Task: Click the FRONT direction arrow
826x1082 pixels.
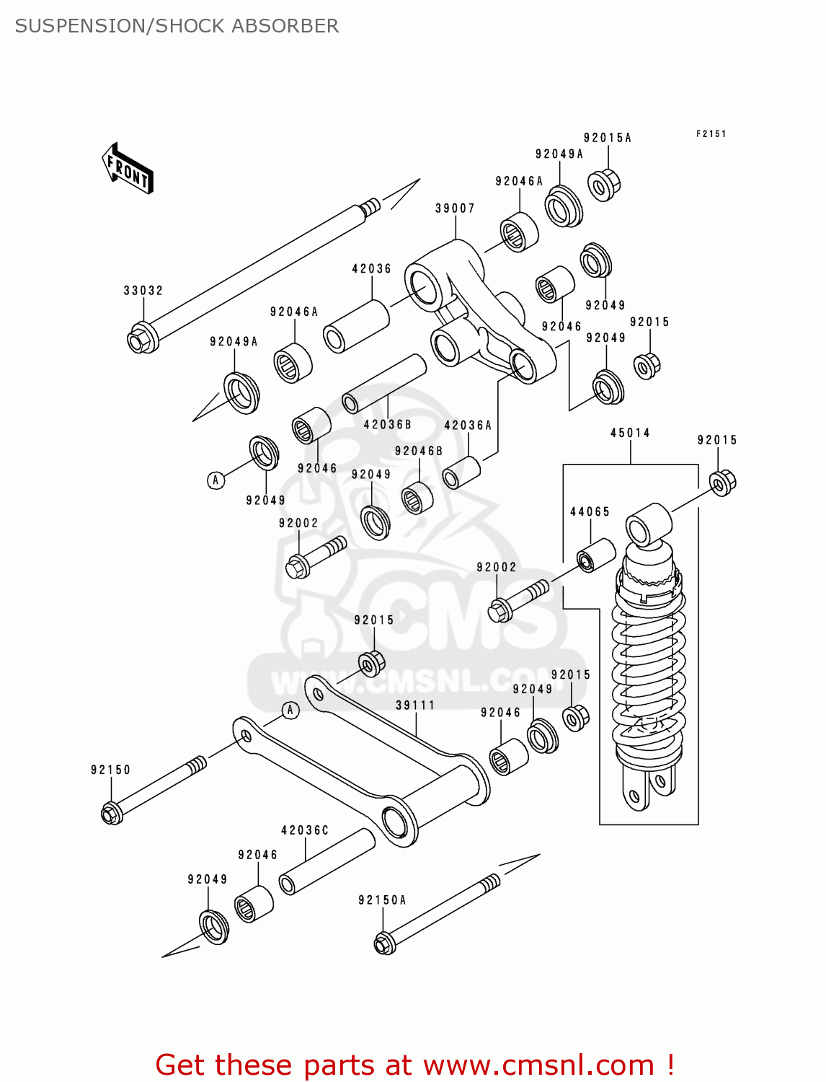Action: coord(128,169)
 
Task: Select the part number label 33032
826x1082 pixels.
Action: coord(143,291)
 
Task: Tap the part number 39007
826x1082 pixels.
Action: coord(455,208)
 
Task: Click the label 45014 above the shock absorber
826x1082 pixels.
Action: coord(630,433)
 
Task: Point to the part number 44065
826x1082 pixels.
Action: coord(590,511)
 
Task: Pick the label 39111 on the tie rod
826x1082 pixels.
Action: coord(415,705)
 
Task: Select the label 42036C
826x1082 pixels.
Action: coord(304,830)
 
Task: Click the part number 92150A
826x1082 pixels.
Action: coord(382,900)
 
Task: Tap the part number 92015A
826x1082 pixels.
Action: coord(607,138)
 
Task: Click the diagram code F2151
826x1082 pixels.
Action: coord(711,134)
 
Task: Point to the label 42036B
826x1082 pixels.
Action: coord(387,425)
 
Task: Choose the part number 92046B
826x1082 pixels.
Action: coord(419,451)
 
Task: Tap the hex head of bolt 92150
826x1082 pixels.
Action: coord(111,813)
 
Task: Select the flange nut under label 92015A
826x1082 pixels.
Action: coord(603,185)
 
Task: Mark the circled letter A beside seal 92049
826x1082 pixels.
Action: coord(216,480)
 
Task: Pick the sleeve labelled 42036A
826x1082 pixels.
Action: coord(461,474)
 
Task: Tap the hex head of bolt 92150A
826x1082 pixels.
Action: coord(384,944)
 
